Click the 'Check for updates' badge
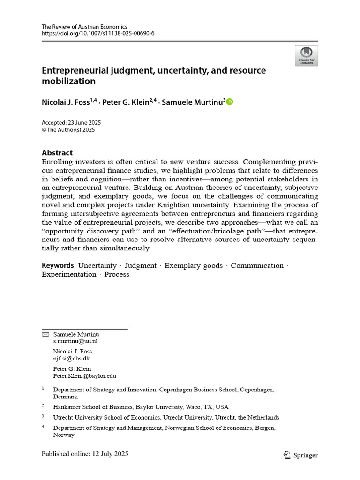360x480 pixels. (306, 55)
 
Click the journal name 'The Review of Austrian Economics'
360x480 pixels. (84, 27)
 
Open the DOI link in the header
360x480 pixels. (98, 34)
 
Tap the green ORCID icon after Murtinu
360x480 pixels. (229, 102)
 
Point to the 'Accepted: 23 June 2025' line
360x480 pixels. (71, 123)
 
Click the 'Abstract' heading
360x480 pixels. (57, 153)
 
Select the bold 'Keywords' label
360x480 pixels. (58, 265)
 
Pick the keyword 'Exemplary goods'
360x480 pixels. (194, 265)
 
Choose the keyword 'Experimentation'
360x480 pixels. (69, 274)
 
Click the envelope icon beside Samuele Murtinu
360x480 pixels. (45, 334)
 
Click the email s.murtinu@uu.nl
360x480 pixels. (75, 341)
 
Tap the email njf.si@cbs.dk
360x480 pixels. (71, 359)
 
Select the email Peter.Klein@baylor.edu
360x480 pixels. (85, 376)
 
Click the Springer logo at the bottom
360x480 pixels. (300, 455)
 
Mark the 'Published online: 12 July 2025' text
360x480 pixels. (85, 454)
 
